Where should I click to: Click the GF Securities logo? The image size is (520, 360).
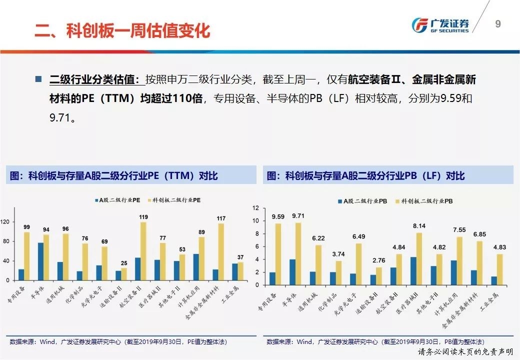click(x=439, y=25)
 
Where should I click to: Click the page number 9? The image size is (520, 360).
click(x=497, y=24)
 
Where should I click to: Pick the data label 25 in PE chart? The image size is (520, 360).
click(x=123, y=263)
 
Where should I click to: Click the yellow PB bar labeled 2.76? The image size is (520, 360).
click(x=378, y=276)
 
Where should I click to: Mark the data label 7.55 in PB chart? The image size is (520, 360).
click(x=459, y=230)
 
